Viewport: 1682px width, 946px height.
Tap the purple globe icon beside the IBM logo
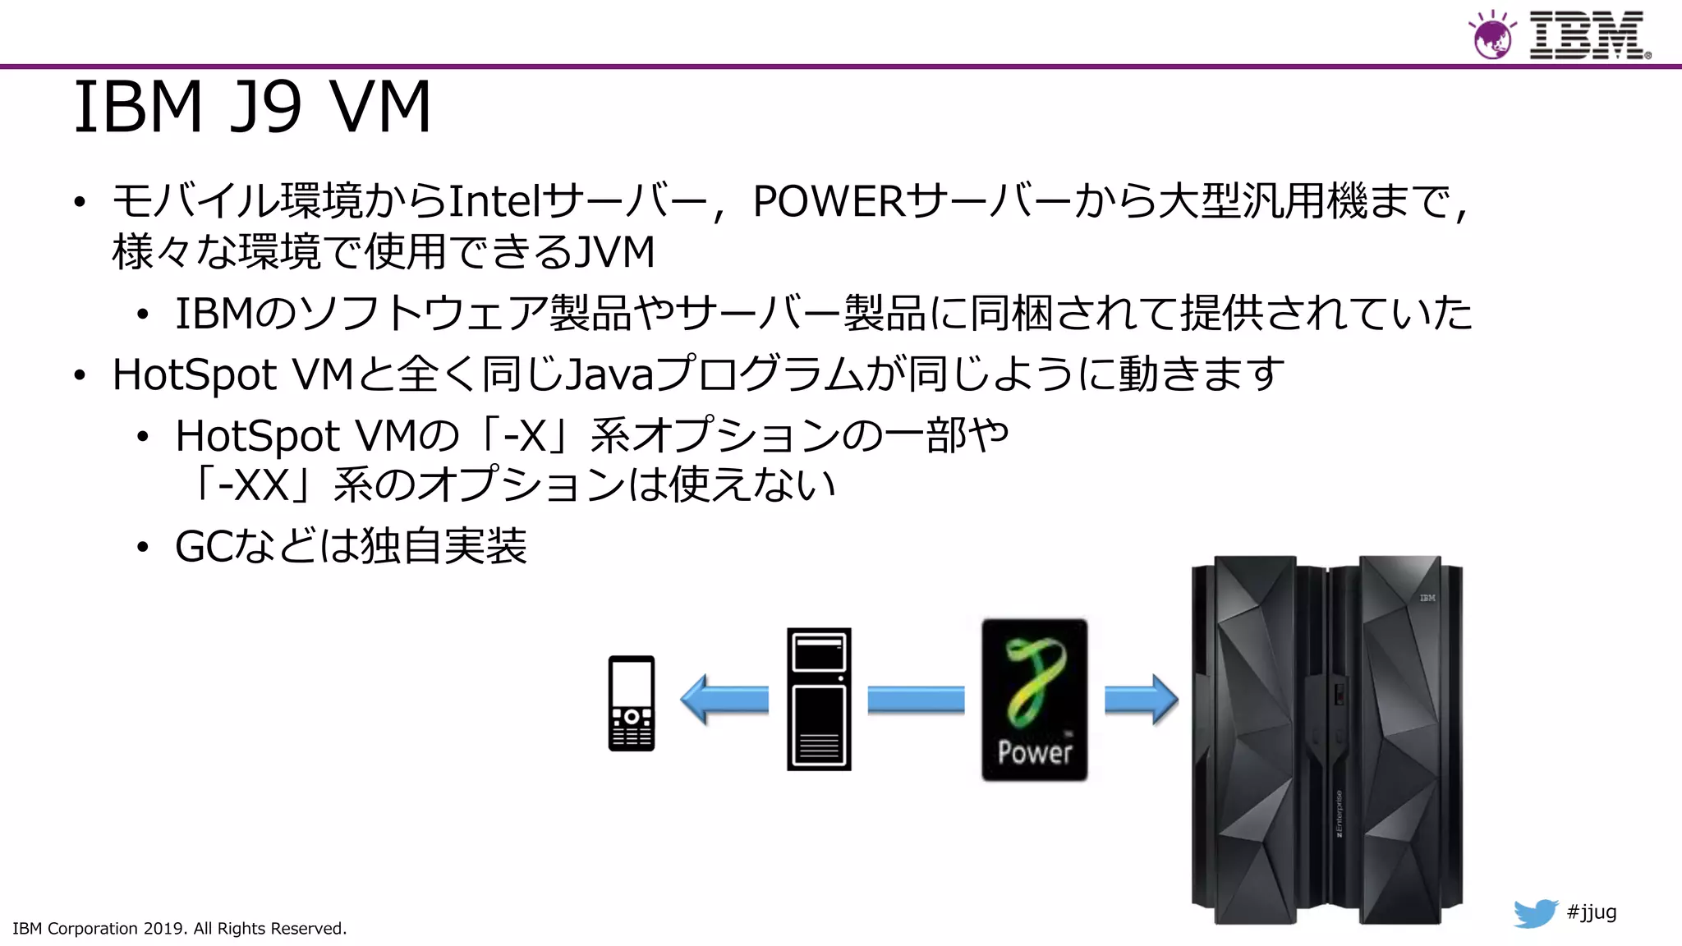pyautogui.click(x=1491, y=37)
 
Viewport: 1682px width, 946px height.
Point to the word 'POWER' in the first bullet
pyautogui.click(x=829, y=201)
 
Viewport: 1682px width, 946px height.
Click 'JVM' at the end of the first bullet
pyautogui.click(x=614, y=251)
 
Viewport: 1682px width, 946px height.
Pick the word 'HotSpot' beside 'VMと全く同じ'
pyautogui.click(x=195, y=375)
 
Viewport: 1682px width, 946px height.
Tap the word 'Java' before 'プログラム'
pyautogui.click(x=609, y=375)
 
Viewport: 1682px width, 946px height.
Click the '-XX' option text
pyautogui.click(x=253, y=484)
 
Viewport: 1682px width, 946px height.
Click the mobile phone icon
pyautogui.click(x=631, y=703)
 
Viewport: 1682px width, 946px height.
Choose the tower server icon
pyautogui.click(x=819, y=700)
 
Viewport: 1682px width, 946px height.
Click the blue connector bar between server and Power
pyautogui.click(x=916, y=700)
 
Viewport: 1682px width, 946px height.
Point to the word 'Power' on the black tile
pyautogui.click(x=1035, y=752)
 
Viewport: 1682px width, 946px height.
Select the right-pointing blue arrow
pyautogui.click(x=1141, y=700)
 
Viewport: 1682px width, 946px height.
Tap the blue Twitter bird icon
pyautogui.click(x=1535, y=913)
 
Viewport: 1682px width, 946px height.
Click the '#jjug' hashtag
pyautogui.click(x=1592, y=912)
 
